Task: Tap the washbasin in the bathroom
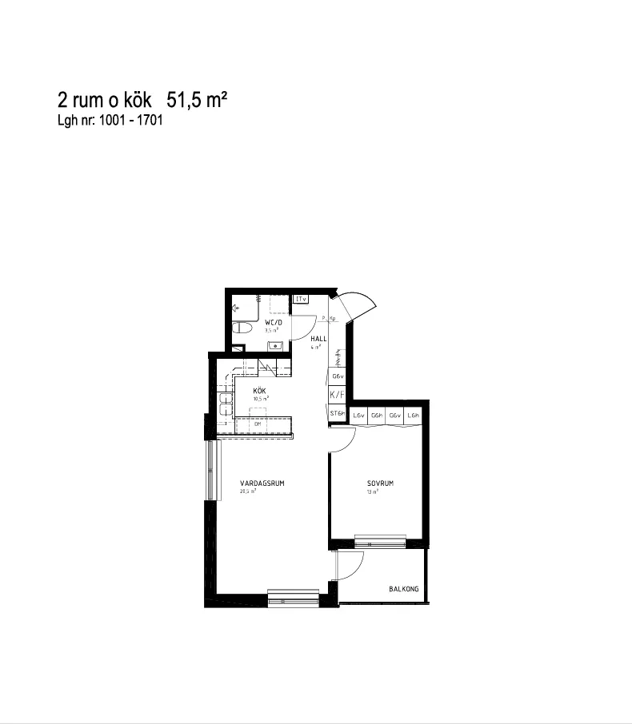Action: tap(275, 345)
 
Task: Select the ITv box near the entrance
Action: tap(301, 300)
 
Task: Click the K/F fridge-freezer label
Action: tap(337, 395)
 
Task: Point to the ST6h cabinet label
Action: tap(337, 413)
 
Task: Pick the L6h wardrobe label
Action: tap(412, 416)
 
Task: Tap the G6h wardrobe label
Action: tap(376, 416)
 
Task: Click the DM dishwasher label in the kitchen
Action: tap(258, 424)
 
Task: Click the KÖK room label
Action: tap(259, 391)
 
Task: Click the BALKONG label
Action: tap(404, 589)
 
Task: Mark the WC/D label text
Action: tap(274, 322)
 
